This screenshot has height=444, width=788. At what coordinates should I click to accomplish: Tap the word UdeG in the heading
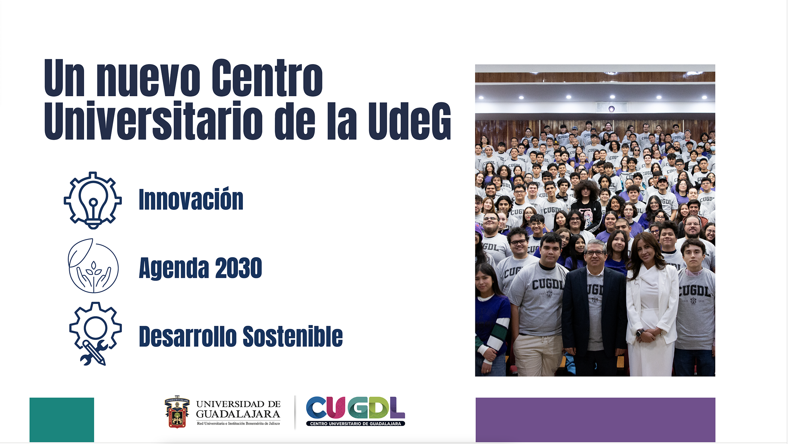point(410,121)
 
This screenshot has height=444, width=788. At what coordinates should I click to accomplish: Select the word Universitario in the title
point(153,121)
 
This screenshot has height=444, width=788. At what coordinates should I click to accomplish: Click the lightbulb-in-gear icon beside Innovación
point(93,200)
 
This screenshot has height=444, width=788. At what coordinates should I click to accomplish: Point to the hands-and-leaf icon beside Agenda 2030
point(93,266)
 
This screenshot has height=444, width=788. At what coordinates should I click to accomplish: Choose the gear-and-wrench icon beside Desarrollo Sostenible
point(96,333)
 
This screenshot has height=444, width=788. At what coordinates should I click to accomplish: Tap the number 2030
point(239,268)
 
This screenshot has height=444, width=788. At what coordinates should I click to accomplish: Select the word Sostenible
point(293,336)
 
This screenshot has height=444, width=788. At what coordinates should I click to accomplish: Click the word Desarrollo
point(188,336)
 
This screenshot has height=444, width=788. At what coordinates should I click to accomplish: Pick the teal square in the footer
point(62,420)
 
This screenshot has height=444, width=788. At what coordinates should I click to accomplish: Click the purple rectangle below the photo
point(596,420)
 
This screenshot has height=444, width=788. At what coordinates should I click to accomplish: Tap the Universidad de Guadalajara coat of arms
point(177,412)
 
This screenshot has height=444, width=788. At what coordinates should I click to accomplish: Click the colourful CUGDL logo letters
point(355,407)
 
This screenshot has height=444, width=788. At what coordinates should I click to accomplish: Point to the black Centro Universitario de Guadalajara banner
point(355,423)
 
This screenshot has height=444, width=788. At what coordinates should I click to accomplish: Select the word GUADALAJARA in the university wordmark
point(238,414)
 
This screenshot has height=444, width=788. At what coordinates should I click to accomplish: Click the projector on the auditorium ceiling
point(611,108)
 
